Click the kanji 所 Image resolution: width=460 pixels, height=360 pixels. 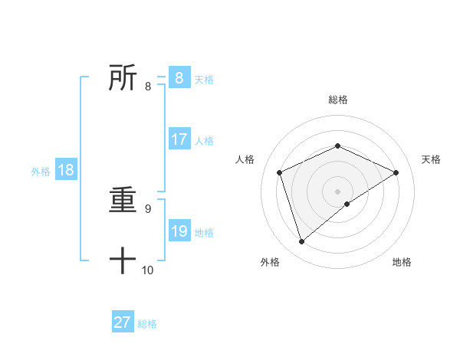click(x=123, y=78)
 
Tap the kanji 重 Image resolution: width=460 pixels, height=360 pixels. click(x=123, y=201)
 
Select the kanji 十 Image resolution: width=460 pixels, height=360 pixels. click(x=123, y=261)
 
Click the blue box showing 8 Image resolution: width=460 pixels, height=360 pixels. click(x=179, y=78)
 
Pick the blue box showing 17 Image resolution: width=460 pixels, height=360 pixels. click(x=179, y=139)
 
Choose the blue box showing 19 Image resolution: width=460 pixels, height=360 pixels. click(x=179, y=231)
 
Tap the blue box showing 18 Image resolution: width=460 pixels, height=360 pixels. click(x=66, y=170)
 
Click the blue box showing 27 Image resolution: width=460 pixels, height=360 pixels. click(x=123, y=322)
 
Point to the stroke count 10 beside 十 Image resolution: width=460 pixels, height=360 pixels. click(x=147, y=270)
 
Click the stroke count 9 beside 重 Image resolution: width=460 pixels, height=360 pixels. click(x=147, y=208)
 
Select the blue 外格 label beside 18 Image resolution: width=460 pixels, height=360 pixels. click(x=41, y=172)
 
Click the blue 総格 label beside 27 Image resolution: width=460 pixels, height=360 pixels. click(x=147, y=324)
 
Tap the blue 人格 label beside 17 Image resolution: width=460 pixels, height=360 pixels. click(x=204, y=141)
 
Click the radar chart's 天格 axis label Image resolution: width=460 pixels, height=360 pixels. click(x=431, y=159)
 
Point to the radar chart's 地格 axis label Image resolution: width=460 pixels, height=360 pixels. click(x=402, y=262)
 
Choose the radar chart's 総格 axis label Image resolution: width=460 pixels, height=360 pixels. click(x=337, y=100)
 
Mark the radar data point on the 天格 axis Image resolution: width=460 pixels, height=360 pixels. click(x=396, y=172)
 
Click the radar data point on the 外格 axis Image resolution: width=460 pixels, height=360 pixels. click(x=301, y=242)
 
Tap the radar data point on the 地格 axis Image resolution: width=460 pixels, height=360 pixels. click(x=347, y=204)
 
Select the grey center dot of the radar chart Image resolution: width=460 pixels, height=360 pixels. click(x=337, y=191)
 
